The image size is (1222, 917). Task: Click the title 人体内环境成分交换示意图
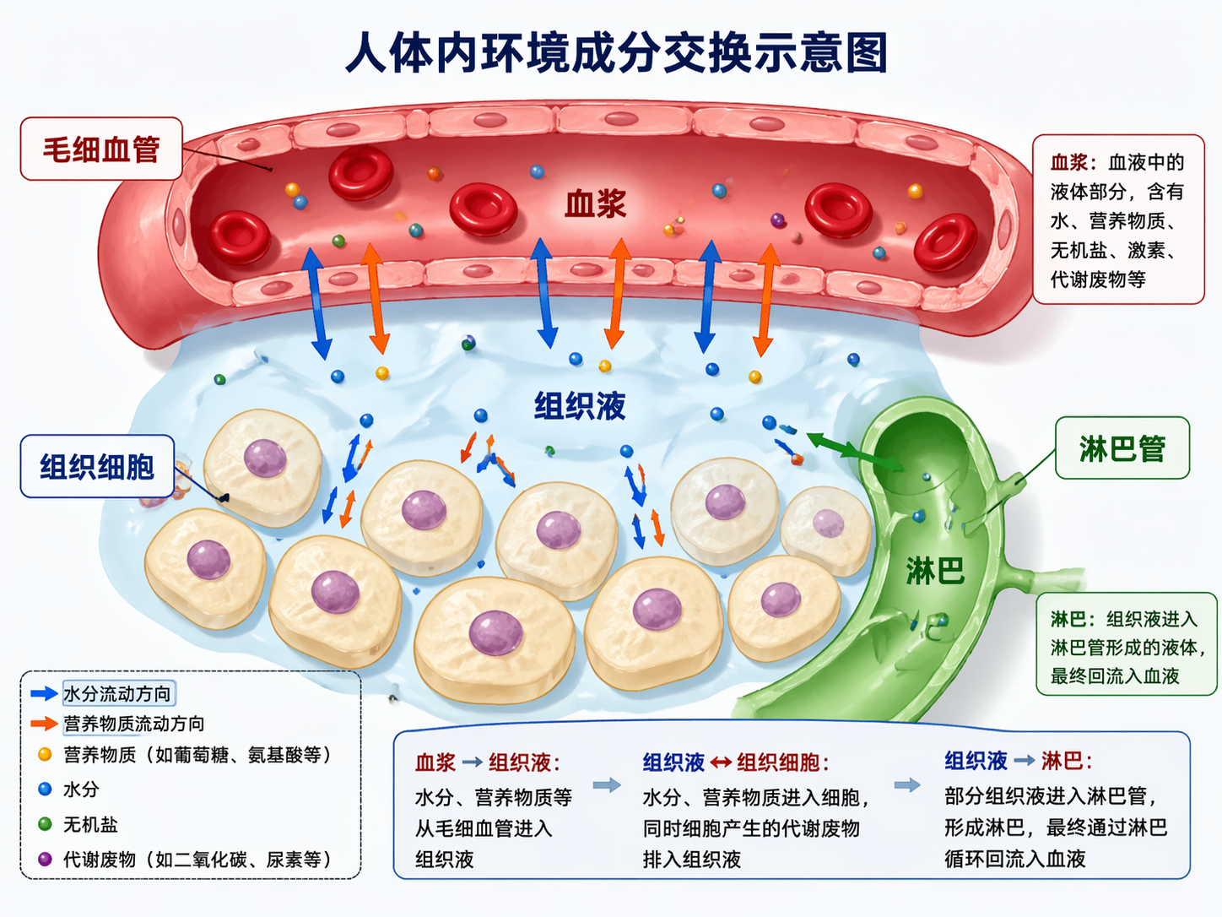click(x=616, y=52)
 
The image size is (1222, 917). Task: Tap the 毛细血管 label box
click(x=101, y=149)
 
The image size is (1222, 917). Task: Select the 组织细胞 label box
click(x=97, y=466)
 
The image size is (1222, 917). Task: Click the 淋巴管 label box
click(x=1122, y=448)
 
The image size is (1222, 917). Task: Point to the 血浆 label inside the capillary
click(x=595, y=204)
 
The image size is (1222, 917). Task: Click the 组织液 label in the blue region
click(x=580, y=406)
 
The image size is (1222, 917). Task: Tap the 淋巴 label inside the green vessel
click(x=934, y=572)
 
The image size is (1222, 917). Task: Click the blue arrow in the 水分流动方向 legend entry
click(x=44, y=694)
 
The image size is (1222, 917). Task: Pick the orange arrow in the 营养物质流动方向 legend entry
click(x=44, y=724)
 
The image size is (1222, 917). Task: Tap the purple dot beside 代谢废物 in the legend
click(x=45, y=860)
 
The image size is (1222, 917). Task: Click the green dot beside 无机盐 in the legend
click(x=45, y=824)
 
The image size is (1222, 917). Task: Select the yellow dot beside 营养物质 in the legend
click(x=45, y=754)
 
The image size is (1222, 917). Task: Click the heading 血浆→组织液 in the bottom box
click(x=487, y=762)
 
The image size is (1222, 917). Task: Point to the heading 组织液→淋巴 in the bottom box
click(x=1018, y=761)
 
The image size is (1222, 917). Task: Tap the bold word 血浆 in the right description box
click(x=1069, y=162)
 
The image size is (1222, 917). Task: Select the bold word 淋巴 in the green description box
click(x=1068, y=619)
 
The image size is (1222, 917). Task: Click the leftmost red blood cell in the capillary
click(x=240, y=236)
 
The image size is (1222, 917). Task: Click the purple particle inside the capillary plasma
click(x=778, y=220)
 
